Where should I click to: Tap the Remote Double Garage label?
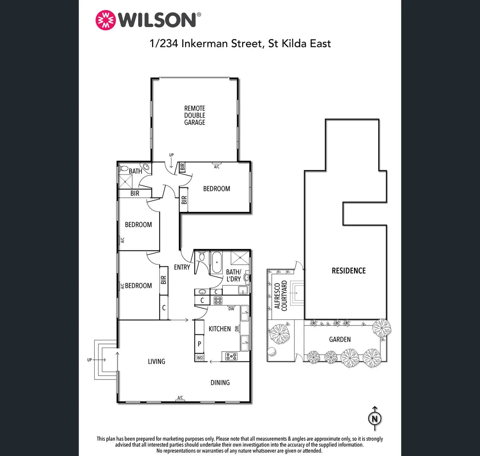(194, 115)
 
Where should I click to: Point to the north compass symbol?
(374, 418)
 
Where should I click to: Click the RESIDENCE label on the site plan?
(349, 271)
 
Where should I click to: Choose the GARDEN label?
(340, 339)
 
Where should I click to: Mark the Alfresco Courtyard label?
(281, 296)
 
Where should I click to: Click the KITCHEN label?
(220, 329)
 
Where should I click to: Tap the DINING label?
(220, 383)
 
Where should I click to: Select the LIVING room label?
(156, 361)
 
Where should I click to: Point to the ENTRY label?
(182, 267)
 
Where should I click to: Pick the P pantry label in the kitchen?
(199, 344)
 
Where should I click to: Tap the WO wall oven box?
(200, 358)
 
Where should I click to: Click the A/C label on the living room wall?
(180, 398)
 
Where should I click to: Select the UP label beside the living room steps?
(89, 360)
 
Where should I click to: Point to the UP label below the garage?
(171, 155)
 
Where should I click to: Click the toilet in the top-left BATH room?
(124, 168)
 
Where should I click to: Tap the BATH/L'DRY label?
(233, 275)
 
